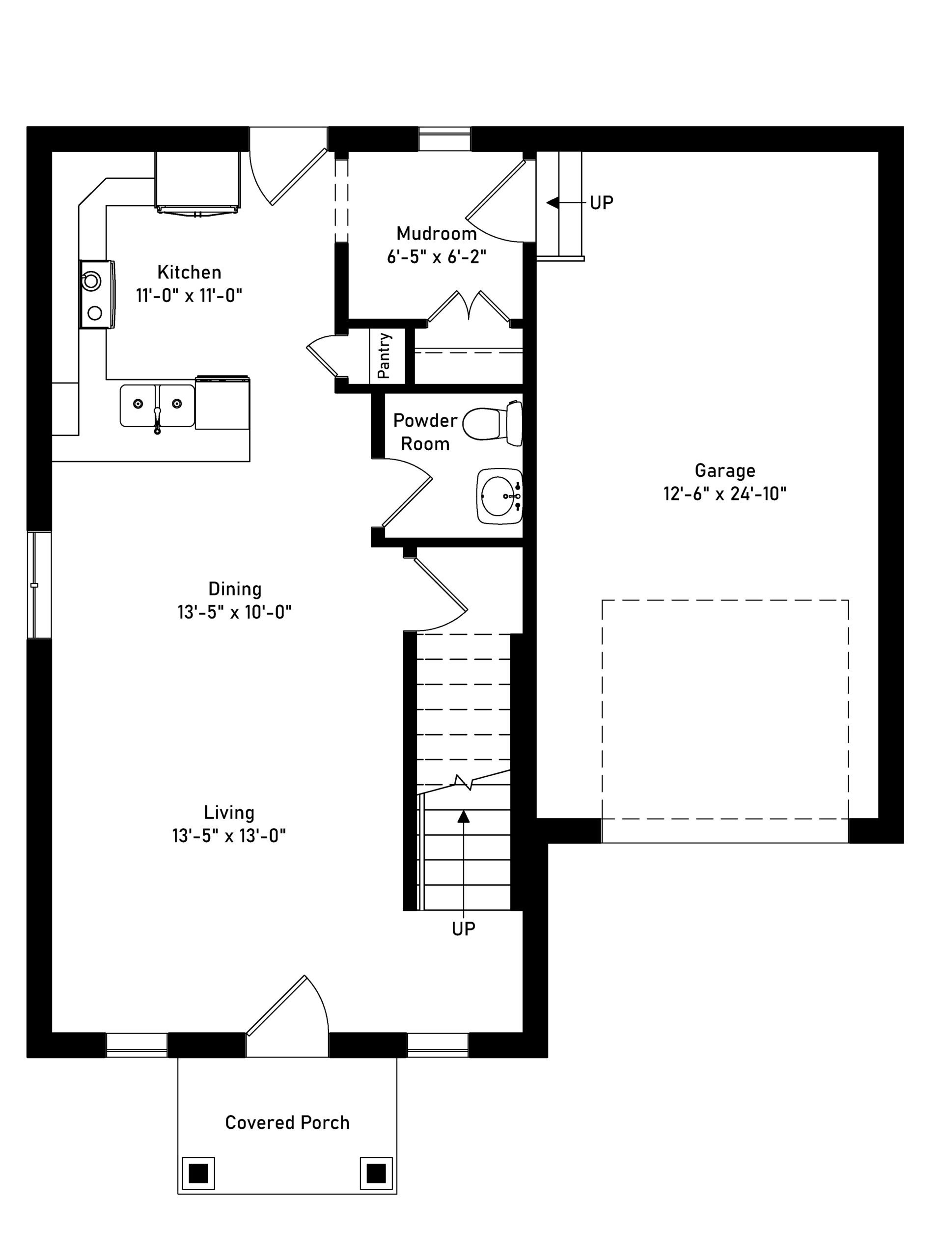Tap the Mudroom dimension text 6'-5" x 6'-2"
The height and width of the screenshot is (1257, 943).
pos(437,257)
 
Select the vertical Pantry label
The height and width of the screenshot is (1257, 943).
pos(384,355)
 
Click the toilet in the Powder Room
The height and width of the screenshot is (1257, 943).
pos(493,423)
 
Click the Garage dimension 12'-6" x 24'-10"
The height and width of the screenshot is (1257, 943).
pos(725,493)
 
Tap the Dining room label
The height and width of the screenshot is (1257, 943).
pos(235,589)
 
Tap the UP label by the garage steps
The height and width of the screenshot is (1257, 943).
pos(601,203)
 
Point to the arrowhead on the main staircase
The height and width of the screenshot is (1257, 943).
pos(464,816)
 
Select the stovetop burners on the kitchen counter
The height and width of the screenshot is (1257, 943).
pos(97,294)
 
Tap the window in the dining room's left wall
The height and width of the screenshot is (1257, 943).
pos(39,585)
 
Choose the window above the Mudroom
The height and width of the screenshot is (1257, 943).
pos(444,139)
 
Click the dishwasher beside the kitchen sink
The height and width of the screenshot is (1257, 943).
pos(222,402)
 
